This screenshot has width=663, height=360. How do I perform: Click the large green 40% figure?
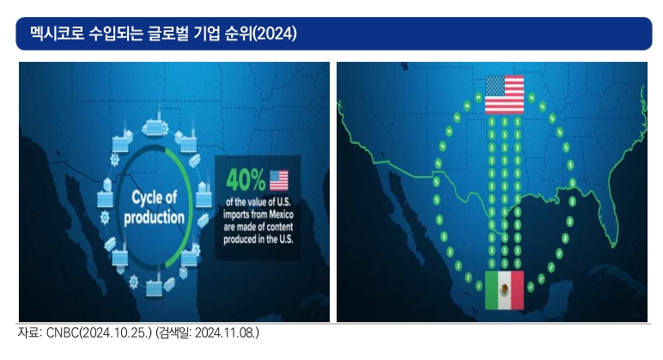coord(246,180)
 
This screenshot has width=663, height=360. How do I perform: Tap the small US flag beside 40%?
coord(278,180)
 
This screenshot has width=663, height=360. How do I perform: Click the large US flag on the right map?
coord(504,95)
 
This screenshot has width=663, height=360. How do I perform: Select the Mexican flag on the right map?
coord(504,290)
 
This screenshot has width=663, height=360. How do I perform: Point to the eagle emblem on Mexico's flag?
coord(504,290)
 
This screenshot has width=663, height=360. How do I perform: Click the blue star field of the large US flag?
coord(495,86)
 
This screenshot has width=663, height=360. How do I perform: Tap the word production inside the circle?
coord(154,217)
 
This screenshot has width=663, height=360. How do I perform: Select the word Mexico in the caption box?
coord(281,214)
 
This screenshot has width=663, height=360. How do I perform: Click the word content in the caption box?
coord(278,227)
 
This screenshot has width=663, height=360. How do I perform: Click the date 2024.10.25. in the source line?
coord(114,333)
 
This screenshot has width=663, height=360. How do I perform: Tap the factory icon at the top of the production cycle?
coord(155,125)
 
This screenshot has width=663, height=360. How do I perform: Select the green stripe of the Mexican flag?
coord(491,290)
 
